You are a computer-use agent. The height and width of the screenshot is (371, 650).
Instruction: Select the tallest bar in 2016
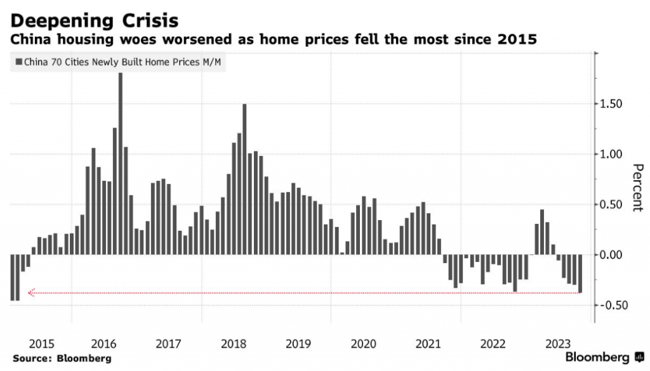pos(121,164)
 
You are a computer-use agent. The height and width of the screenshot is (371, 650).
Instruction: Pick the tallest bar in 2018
pos(244,179)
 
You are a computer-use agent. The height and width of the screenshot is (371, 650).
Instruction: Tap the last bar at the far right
pos(580,273)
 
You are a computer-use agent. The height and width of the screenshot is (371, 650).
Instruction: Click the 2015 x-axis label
pos(41,344)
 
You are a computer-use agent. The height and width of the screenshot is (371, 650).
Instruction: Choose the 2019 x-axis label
pos(298,344)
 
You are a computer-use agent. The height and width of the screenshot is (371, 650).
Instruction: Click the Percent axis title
pos(637,188)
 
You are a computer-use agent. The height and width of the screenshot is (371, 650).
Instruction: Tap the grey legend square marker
pos(19,62)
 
